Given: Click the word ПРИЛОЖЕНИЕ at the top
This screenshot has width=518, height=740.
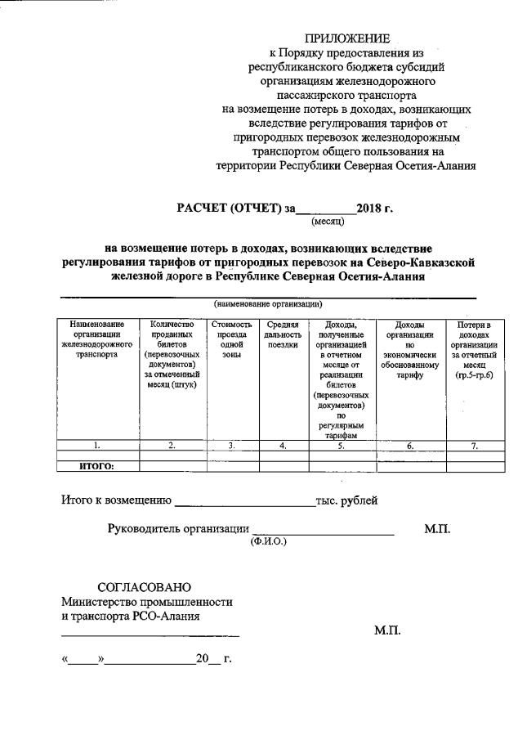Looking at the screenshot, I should tap(348, 38).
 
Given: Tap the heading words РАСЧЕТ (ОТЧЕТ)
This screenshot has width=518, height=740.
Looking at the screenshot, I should tap(230, 208).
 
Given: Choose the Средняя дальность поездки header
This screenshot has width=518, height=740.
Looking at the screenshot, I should tap(283, 334).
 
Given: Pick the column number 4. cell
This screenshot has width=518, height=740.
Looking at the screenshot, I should tap(283, 446).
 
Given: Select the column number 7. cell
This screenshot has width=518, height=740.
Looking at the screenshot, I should tap(474, 446).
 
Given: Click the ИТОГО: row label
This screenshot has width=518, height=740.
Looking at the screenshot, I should tap(96, 466).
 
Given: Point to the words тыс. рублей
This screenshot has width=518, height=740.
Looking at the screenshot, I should tap(346, 500).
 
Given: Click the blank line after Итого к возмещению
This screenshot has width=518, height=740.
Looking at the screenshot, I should tap(245, 501).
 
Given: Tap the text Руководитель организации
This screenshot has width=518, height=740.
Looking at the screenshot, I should tap(178, 528).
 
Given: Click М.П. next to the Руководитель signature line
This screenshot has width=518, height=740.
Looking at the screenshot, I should tap(437, 529).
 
